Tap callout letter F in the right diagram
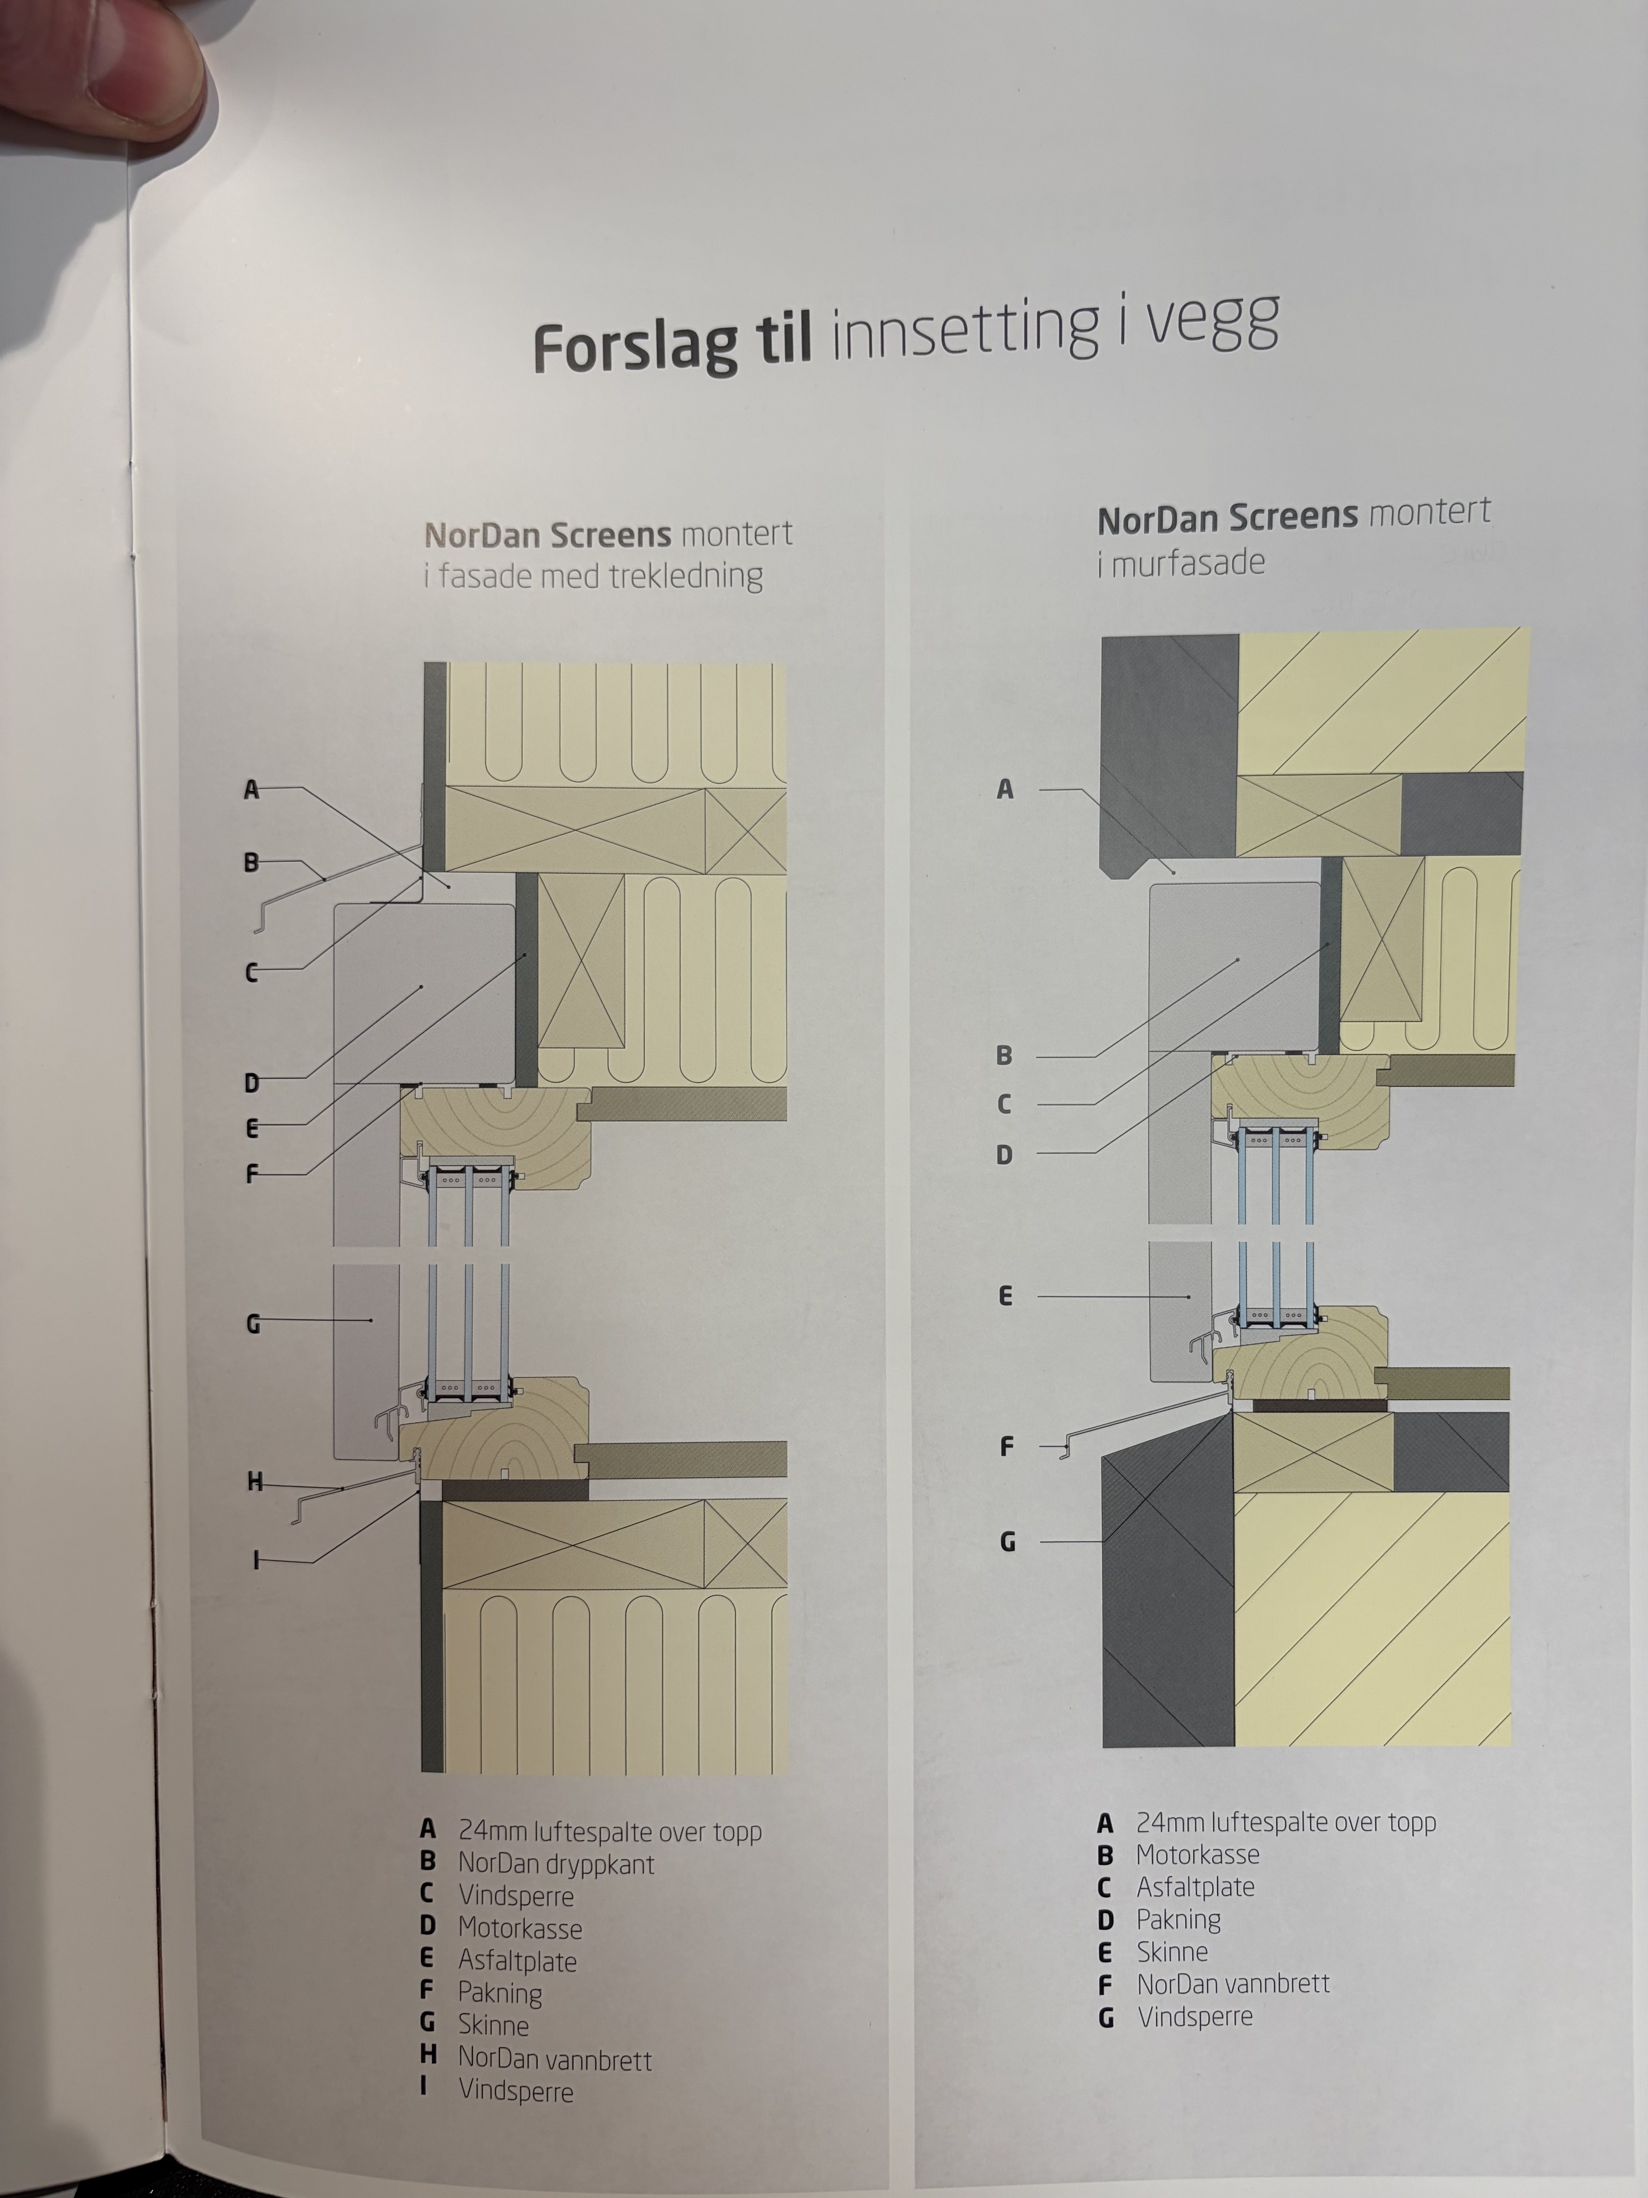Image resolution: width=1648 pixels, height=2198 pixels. pyautogui.click(x=1006, y=1447)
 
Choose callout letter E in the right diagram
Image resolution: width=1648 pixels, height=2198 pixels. pyautogui.click(x=1005, y=1296)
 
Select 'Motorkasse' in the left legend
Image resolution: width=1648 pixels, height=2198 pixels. pyautogui.click(x=520, y=1929)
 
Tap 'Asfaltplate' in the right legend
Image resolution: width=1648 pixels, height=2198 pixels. pyautogui.click(x=1195, y=1887)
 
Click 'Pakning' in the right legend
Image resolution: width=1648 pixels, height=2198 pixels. pyautogui.click(x=1178, y=1920)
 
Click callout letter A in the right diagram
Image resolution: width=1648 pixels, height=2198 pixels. pyautogui.click(x=1005, y=790)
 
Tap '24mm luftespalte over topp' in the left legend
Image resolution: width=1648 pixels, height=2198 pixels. pyautogui.click(x=610, y=1831)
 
